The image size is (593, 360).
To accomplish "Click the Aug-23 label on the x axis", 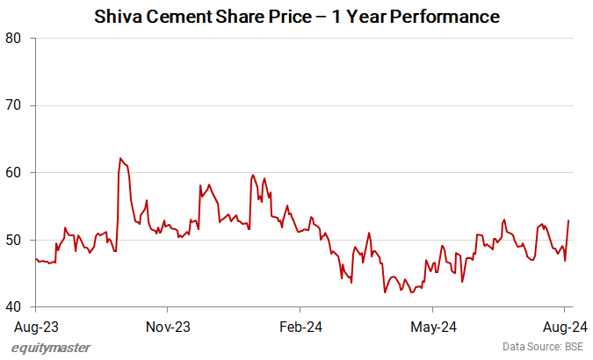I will tap(36, 327).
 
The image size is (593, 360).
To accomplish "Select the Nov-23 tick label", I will tap(168, 327).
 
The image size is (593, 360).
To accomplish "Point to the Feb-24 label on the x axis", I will tap(300, 327).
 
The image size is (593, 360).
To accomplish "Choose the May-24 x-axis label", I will tap(433, 327).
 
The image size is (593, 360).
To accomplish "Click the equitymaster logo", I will tap(51, 348).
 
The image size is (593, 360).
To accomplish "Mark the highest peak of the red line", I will tap(119, 158).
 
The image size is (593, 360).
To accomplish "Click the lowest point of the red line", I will tap(385, 292).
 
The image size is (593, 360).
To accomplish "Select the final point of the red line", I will tap(569, 220).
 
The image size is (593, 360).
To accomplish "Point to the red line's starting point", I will tap(35, 258).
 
